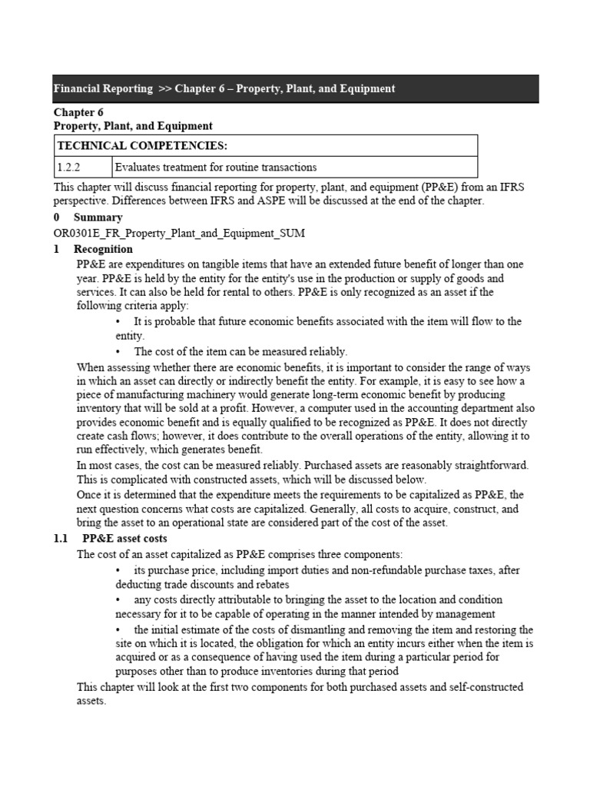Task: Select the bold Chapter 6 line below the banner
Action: pos(78,112)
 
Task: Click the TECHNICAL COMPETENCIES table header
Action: pos(128,146)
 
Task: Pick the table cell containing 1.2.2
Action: pos(68,167)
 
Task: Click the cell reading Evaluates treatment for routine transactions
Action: pos(216,167)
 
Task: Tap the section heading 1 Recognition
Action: pos(103,249)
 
